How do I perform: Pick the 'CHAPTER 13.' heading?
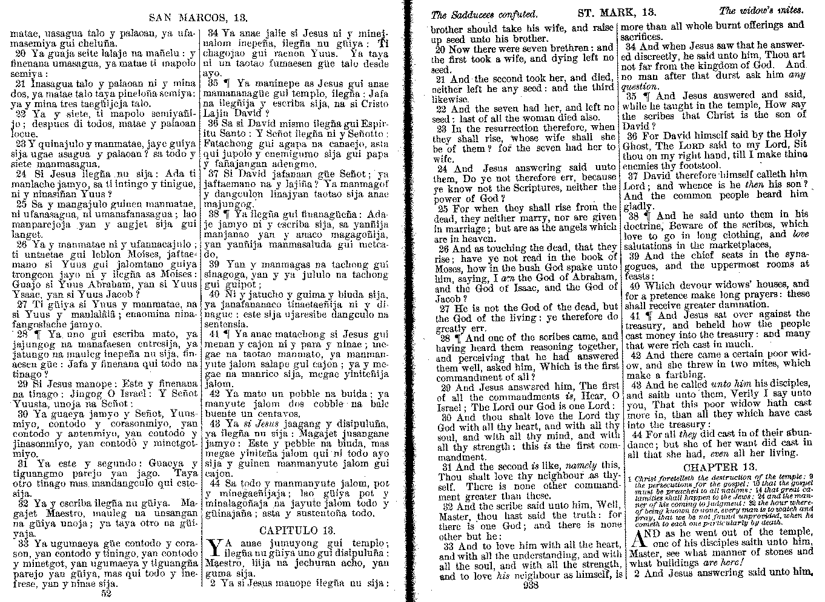click(719, 467)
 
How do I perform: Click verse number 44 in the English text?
click(636, 433)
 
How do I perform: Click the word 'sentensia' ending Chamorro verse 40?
click(226, 325)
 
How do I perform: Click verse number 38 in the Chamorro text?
click(213, 214)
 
